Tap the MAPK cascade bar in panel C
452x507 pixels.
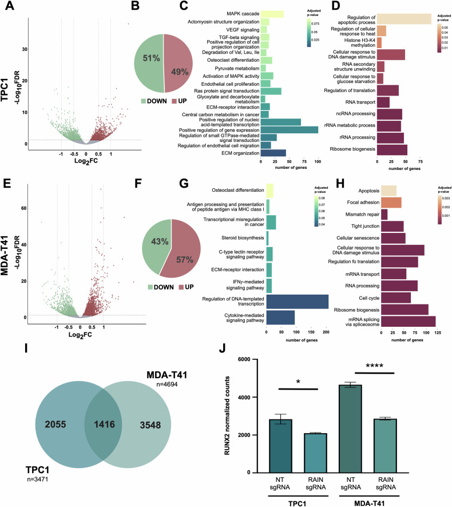(272, 14)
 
